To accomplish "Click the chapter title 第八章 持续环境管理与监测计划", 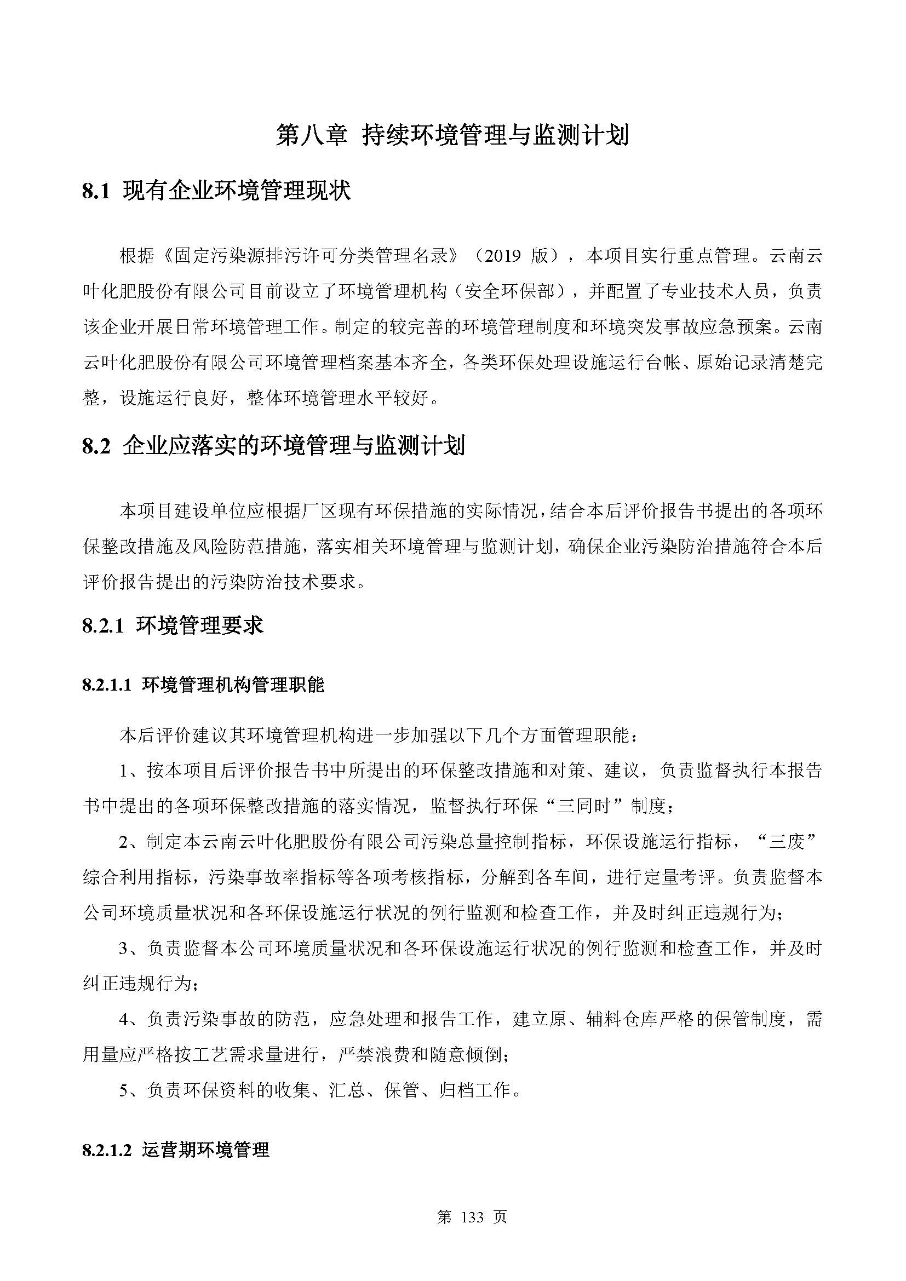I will [452, 136].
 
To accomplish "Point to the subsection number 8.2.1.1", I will [107, 685].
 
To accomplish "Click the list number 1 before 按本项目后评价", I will [124, 771].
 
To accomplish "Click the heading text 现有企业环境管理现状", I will [237, 192].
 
